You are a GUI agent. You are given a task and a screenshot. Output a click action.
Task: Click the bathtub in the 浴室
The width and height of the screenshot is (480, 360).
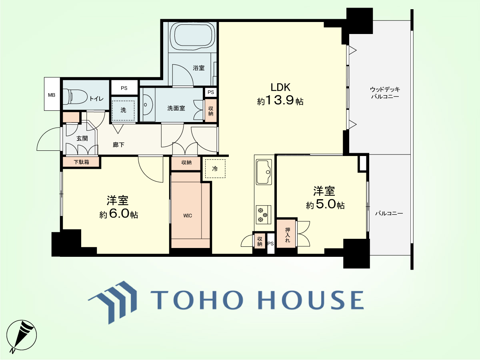[193, 37]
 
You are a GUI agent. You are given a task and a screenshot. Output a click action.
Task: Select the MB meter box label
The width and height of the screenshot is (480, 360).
[52, 95]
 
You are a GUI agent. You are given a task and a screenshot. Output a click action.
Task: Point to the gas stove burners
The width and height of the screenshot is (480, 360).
[263, 215]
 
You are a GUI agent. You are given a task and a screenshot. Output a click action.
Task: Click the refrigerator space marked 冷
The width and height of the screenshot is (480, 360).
[215, 168]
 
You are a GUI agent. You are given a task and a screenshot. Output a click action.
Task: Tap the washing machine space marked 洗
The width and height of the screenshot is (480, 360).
[123, 110]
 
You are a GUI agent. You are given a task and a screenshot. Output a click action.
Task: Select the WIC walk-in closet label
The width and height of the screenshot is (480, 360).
[188, 216]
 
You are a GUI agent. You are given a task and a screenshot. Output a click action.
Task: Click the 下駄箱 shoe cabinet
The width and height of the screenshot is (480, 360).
[81, 162]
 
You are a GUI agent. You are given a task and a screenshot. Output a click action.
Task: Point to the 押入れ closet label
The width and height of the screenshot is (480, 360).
[288, 235]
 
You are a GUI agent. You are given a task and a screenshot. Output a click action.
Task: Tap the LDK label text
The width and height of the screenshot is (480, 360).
[280, 88]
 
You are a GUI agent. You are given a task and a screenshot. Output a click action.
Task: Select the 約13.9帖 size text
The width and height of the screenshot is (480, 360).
[280, 101]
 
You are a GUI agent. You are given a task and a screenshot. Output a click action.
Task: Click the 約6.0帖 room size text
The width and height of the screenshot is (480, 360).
[119, 214]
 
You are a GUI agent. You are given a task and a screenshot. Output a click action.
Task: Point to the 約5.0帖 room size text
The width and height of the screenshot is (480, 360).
[325, 205]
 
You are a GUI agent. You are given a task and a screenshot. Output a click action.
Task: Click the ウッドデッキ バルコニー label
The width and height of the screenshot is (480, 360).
[385, 93]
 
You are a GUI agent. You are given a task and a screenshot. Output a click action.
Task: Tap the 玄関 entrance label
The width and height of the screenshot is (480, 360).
[82, 138]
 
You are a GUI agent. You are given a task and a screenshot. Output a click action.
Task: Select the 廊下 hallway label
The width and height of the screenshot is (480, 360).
[118, 145]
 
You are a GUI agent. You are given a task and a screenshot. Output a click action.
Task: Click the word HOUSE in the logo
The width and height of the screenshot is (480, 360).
[311, 300]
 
